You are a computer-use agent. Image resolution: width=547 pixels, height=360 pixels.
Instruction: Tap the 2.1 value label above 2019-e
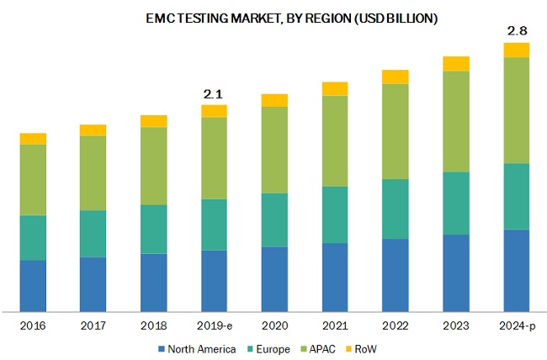(215, 94)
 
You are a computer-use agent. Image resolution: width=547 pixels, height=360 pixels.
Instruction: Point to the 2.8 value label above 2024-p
(516, 31)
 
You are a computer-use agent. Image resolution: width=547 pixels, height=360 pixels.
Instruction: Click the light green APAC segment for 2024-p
(516, 110)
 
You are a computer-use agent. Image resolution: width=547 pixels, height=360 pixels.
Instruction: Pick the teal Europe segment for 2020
(274, 220)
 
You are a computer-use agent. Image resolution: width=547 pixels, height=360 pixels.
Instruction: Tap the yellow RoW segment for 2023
(455, 63)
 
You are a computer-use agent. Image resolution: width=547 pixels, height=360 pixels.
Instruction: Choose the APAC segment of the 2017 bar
(93, 172)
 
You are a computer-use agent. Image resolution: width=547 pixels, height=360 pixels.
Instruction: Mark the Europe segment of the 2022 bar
(396, 209)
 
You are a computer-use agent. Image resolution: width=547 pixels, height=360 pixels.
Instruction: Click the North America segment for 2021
(335, 277)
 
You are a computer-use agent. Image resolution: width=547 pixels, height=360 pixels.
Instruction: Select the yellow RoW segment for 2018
(153, 121)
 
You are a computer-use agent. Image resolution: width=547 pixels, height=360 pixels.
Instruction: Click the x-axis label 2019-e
(215, 325)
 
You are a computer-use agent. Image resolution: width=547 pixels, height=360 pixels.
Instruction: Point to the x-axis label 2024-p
(516, 325)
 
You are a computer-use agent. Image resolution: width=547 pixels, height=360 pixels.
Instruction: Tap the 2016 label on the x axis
(33, 325)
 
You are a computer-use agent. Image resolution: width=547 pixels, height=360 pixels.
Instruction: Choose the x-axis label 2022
(396, 325)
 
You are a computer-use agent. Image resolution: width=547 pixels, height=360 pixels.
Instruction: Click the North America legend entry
(197, 348)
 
